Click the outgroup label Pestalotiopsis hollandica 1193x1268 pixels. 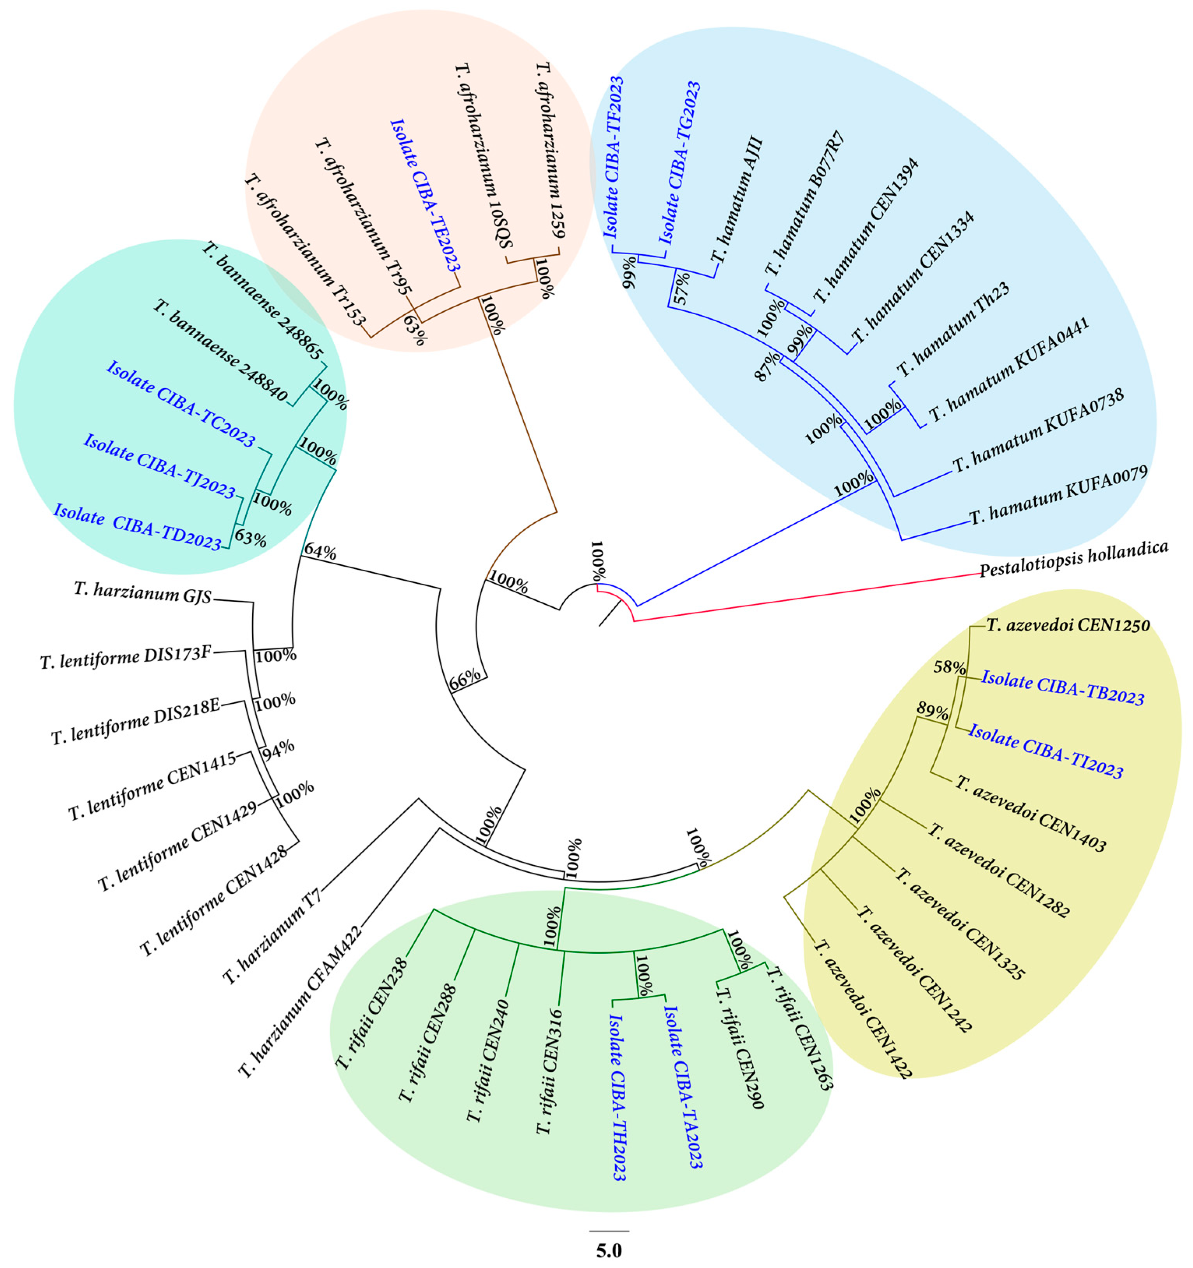[1074, 559]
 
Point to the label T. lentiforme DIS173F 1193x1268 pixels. [126, 658]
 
